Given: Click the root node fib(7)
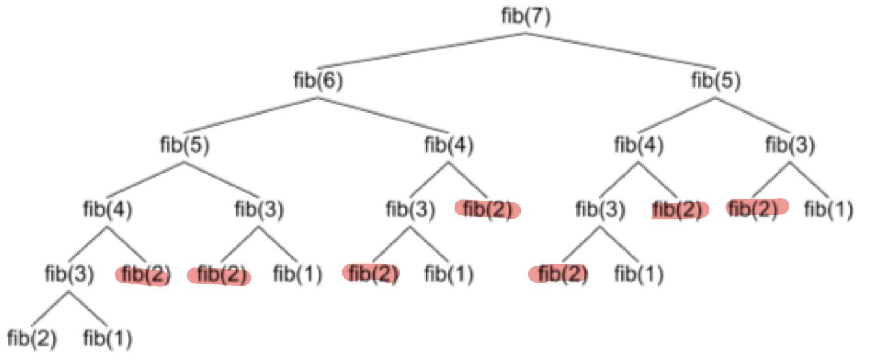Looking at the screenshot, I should (x=526, y=16).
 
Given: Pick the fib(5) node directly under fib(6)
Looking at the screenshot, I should (x=185, y=145).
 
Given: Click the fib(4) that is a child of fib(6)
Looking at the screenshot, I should (x=449, y=145).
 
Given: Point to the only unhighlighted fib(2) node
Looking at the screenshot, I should (x=32, y=339).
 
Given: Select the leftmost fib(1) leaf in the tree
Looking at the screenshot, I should (x=108, y=339).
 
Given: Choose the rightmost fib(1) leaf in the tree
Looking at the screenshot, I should (x=828, y=210).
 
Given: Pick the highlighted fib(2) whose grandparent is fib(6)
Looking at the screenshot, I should (x=488, y=210).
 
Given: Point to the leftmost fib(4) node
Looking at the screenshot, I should (x=107, y=210).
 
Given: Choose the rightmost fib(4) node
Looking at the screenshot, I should (x=639, y=145).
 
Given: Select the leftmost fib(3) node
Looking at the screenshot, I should (x=70, y=274).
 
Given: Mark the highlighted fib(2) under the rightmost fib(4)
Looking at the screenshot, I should (x=679, y=210).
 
